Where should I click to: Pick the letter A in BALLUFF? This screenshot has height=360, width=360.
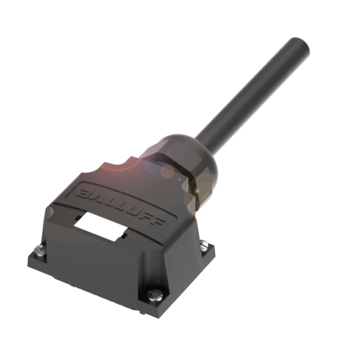point(96,198)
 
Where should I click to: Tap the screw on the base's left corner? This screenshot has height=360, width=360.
point(40,249)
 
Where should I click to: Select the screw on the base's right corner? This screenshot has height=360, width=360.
point(204,244)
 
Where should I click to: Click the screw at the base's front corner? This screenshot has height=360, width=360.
point(155,294)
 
